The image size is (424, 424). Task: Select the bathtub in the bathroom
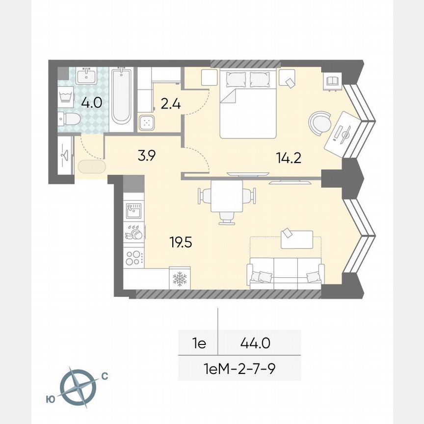(121, 97)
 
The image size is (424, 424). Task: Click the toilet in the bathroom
(69, 118)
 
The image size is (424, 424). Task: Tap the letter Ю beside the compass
(50, 400)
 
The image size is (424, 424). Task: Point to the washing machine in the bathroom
(65, 95)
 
